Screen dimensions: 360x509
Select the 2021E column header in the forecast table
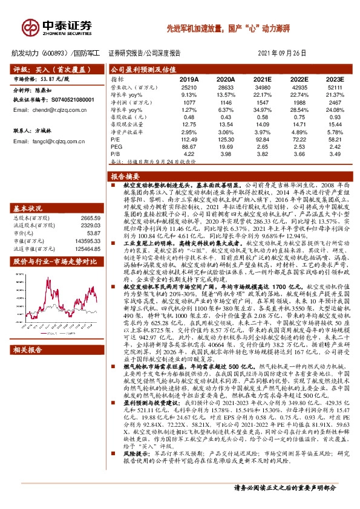262,79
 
